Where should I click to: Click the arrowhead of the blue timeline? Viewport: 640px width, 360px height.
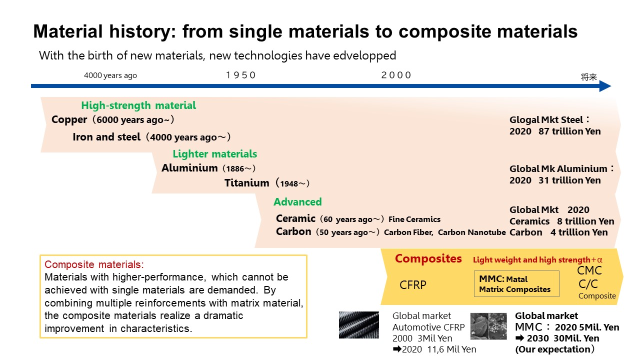[604, 86]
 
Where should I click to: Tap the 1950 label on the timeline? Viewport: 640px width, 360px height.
[241, 75]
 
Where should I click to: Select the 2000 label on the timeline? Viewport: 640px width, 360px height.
[396, 75]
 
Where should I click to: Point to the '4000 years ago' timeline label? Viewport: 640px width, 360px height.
[110, 76]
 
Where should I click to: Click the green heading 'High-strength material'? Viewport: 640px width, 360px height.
[138, 105]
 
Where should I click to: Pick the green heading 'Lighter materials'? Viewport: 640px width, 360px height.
[215, 154]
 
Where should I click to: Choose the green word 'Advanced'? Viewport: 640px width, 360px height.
[297, 202]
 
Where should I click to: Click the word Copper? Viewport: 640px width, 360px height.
[69, 120]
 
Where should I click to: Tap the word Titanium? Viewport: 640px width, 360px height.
[246, 183]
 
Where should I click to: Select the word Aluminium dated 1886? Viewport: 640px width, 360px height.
[189, 168]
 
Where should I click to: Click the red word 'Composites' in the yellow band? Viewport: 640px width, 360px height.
[428, 258]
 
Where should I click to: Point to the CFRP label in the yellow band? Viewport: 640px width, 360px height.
[412, 285]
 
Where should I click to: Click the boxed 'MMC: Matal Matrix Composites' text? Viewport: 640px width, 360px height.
[516, 284]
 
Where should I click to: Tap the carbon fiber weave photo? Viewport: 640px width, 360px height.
[359, 325]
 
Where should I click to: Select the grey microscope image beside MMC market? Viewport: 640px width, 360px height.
[488, 326]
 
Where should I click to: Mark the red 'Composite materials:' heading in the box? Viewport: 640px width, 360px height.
[94, 265]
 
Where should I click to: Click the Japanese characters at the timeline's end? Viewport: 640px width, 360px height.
[588, 77]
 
